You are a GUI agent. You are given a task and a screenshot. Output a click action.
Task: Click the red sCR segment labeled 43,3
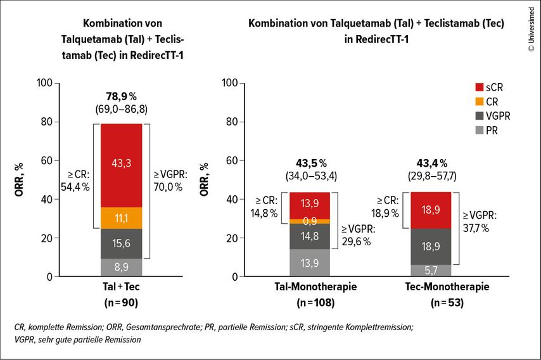click(x=122, y=165)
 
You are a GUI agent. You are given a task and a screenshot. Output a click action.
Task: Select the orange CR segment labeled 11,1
click(x=122, y=218)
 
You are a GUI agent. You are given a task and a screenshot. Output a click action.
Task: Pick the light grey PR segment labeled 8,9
click(x=122, y=267)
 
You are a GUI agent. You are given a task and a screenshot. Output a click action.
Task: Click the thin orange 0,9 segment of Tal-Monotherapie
click(x=310, y=221)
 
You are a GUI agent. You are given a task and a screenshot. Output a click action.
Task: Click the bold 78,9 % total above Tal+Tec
click(x=121, y=96)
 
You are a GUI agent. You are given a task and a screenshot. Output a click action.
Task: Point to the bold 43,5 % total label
click(x=310, y=164)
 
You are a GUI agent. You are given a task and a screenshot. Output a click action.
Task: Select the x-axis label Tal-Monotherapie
click(x=310, y=287)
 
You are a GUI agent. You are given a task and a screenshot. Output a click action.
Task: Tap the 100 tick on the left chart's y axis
click(x=44, y=83)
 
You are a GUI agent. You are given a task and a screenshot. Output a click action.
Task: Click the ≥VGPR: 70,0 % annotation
click(x=168, y=181)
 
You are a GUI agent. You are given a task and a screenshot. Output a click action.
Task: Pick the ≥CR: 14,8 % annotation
click(x=264, y=206)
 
